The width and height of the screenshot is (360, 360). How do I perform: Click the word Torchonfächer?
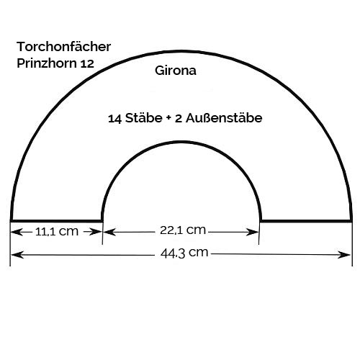[63, 47]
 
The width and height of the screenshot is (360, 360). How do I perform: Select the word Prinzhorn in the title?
[47, 63]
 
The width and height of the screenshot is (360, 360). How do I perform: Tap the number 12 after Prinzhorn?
[87, 64]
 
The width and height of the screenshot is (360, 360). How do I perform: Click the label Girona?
[176, 71]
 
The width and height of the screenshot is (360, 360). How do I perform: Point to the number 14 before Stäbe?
[114, 119]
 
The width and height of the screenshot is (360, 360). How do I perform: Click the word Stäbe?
[144, 118]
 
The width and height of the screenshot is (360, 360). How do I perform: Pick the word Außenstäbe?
[224, 118]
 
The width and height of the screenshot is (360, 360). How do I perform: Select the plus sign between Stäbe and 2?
[168, 118]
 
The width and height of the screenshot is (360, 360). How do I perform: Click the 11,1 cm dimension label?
[57, 232]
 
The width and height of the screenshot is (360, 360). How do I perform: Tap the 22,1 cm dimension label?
[183, 230]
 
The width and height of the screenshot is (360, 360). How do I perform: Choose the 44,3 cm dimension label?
[184, 253]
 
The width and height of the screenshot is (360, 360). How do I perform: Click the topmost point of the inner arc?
[181, 142]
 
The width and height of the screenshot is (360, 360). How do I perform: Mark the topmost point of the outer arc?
[181, 51]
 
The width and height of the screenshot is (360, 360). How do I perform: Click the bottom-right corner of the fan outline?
[351, 221]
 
